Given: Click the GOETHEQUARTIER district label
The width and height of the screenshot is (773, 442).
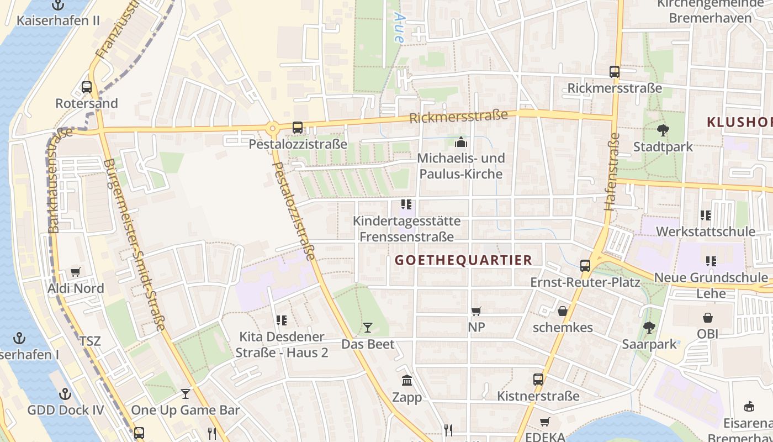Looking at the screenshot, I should coord(464,260).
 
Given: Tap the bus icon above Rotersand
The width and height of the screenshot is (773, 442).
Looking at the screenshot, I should coord(87,87).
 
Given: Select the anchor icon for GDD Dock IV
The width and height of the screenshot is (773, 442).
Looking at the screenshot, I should coord(66,394).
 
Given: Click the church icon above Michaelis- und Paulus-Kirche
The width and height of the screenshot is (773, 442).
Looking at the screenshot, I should coord(460,142).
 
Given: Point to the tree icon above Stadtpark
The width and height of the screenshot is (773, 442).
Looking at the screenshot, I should coord(663,130).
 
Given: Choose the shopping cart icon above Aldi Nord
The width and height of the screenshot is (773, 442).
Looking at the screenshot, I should coord(76,272).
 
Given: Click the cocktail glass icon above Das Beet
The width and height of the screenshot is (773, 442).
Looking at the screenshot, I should coord(368,328).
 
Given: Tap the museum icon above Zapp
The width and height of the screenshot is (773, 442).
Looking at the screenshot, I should coord(407,380).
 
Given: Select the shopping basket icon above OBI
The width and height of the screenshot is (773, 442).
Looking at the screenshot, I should coord(707,317).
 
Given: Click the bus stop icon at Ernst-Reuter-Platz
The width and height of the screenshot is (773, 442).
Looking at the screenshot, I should coord(585,266).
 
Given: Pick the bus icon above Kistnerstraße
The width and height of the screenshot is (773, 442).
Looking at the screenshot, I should coord(538,380).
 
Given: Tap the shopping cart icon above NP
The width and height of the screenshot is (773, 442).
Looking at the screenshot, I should coord(476,311).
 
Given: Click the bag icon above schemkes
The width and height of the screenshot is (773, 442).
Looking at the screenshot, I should coord(563,311).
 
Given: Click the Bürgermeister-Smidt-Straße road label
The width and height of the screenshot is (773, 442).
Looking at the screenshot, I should coord(135,244).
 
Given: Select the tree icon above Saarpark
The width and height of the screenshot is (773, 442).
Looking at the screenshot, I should coord(649,328).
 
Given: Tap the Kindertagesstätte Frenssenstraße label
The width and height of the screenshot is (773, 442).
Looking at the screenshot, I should coord(406,229).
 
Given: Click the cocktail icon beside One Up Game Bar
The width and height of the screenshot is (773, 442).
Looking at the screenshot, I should coord(186,394).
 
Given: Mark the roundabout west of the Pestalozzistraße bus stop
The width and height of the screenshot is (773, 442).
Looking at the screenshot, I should coord(272,129).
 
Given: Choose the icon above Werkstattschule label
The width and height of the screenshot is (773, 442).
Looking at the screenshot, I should coord(705,215).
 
